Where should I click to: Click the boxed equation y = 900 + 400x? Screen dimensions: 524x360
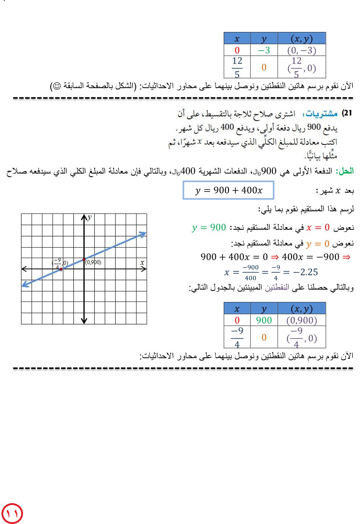coord(229,190)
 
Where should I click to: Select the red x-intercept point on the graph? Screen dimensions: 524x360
coord(61,269)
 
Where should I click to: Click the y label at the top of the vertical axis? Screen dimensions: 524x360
coord(89,217)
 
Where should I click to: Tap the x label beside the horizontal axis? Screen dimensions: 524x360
coord(142,263)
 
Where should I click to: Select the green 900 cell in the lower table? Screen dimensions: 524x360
coord(264,320)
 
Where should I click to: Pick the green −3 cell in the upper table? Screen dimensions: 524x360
coord(264,50)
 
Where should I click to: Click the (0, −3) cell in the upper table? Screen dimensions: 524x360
coord(301,50)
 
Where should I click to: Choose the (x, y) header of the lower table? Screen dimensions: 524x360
coord(301,309)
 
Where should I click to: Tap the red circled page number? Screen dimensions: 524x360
coord(12,514)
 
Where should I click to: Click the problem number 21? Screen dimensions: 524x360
coord(347,113)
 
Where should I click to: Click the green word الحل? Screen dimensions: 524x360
coord(346,171)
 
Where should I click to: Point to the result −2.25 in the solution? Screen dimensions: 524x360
coord(305,272)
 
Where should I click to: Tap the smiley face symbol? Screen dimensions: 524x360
coord(56,86)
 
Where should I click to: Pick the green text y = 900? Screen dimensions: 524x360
coord(209,227)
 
